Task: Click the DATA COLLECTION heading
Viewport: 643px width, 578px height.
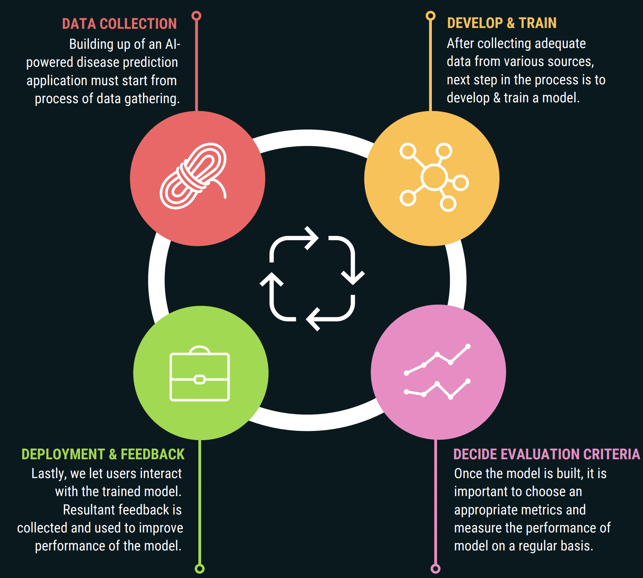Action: point(119,24)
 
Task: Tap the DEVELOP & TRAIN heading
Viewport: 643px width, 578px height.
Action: point(501,23)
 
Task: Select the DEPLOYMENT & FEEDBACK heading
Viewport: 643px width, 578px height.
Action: point(103,454)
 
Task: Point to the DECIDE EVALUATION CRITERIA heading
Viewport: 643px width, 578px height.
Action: point(547,454)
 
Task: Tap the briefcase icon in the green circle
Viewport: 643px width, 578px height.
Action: point(200,373)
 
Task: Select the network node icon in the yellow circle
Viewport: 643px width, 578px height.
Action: point(434,177)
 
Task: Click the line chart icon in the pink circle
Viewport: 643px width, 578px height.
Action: point(437,372)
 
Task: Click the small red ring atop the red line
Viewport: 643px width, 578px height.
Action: point(196,16)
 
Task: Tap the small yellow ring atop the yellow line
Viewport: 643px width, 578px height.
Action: point(430,16)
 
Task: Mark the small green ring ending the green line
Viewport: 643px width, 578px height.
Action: point(200,568)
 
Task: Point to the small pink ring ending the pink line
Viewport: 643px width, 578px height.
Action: point(435,568)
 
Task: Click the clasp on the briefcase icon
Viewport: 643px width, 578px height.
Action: point(200,379)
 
